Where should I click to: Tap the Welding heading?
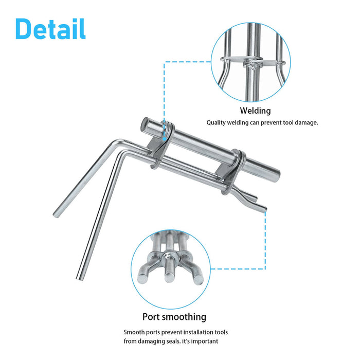[x=255, y=111]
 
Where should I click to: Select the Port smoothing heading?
[x=174, y=317]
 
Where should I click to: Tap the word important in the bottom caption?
[x=207, y=341]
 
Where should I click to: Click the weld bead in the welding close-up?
[x=251, y=65]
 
